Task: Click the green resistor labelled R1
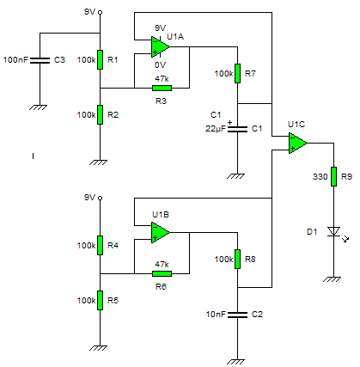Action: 100,59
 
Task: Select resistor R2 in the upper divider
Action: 100,114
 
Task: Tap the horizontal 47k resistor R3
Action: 162,88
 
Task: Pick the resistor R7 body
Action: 237,73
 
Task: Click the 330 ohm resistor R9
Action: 333,176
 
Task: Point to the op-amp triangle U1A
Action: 160,46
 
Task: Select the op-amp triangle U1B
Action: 160,232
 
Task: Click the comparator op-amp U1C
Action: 297,143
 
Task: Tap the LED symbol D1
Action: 333,231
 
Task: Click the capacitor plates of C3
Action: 40,60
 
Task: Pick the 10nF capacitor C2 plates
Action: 237,315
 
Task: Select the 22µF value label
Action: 216,129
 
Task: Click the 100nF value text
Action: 15,60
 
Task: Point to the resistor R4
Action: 100,245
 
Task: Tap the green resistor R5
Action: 100,300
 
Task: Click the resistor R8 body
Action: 237,259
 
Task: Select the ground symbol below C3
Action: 39,107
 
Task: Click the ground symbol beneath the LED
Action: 333,279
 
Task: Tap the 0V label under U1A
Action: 160,65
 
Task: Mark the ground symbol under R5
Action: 99,348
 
